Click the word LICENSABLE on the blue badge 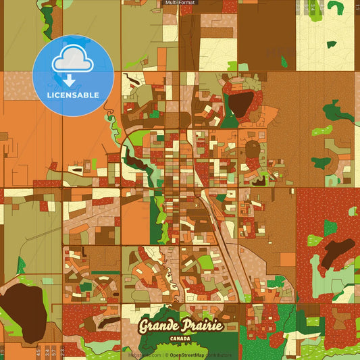click(73, 95)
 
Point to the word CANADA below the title click(180, 338)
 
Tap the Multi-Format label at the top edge click(180, 3)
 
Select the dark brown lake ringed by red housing click(239, 103)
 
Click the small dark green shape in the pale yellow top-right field click(332, 45)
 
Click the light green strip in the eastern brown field click(322, 130)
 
